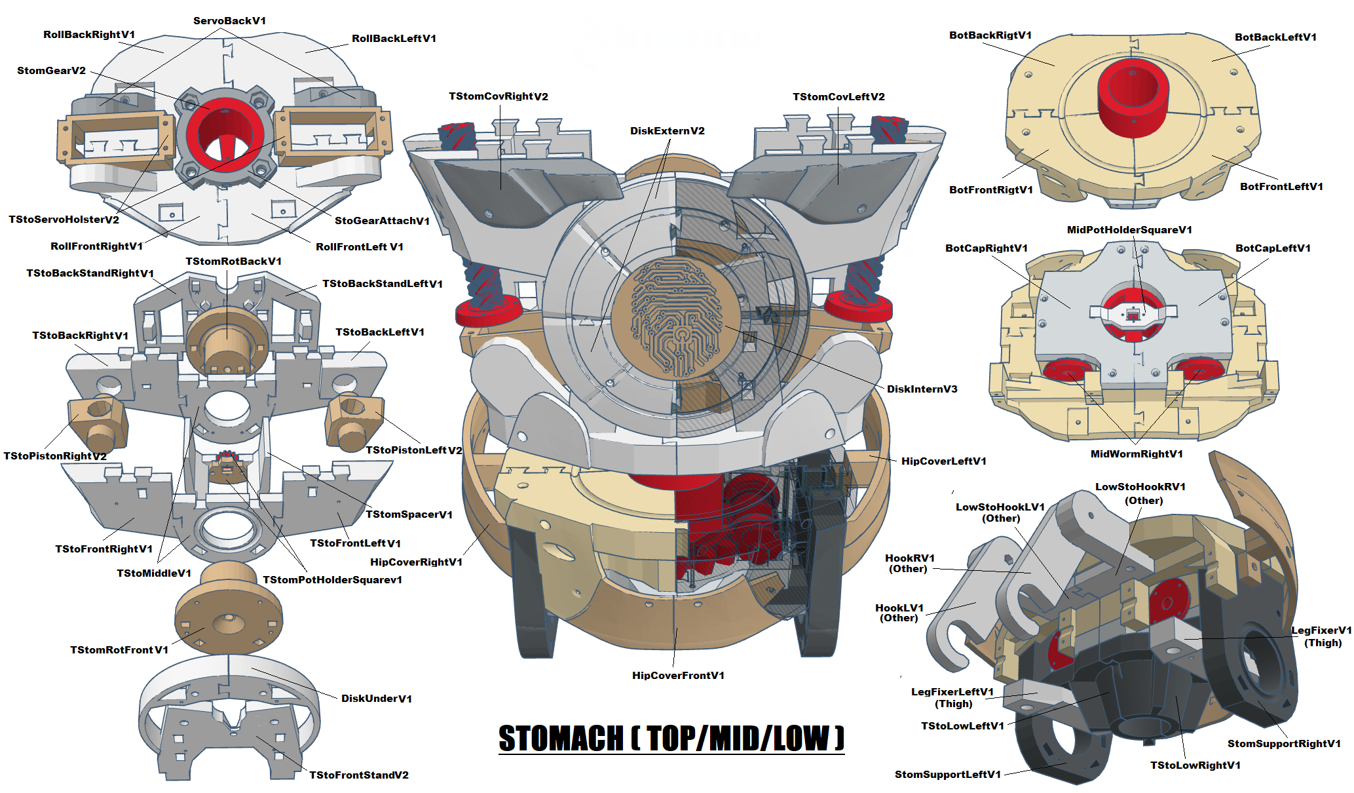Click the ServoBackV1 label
(x=229, y=21)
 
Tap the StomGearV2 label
(x=51, y=71)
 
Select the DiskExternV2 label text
(x=667, y=131)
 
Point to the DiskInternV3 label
(x=922, y=389)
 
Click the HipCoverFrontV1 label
(x=678, y=676)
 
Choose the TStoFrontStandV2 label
(x=358, y=775)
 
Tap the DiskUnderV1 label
(x=376, y=699)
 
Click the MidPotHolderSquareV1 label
(x=1129, y=230)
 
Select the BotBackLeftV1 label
(x=1275, y=37)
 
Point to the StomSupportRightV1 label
(x=1284, y=744)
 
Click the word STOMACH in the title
(x=561, y=739)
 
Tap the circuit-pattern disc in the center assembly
(x=675, y=318)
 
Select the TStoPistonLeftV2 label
(x=413, y=450)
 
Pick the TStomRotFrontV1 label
(x=119, y=650)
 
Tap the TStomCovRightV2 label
(x=498, y=96)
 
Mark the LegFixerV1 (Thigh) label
(x=1321, y=636)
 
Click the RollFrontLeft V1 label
(x=359, y=247)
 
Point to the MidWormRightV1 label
(x=1137, y=454)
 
